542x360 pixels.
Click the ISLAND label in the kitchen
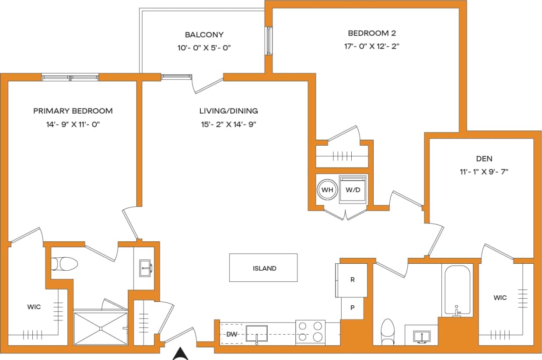click(x=264, y=268)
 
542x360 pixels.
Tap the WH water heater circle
click(x=326, y=190)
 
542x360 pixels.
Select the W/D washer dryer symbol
click(x=353, y=189)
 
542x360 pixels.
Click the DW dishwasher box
click(x=231, y=334)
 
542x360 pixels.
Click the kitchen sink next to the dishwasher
click(x=257, y=333)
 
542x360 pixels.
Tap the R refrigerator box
click(x=352, y=280)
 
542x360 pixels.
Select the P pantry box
click(x=352, y=308)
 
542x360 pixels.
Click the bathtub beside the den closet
click(x=457, y=290)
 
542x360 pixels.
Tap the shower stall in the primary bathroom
click(x=100, y=328)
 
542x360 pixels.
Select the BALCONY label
click(x=204, y=35)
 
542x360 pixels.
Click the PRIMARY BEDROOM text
click(x=73, y=111)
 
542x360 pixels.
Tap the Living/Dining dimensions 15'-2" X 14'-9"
click(x=228, y=124)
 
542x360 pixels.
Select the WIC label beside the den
click(x=500, y=297)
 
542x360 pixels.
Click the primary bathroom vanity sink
click(x=145, y=268)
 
